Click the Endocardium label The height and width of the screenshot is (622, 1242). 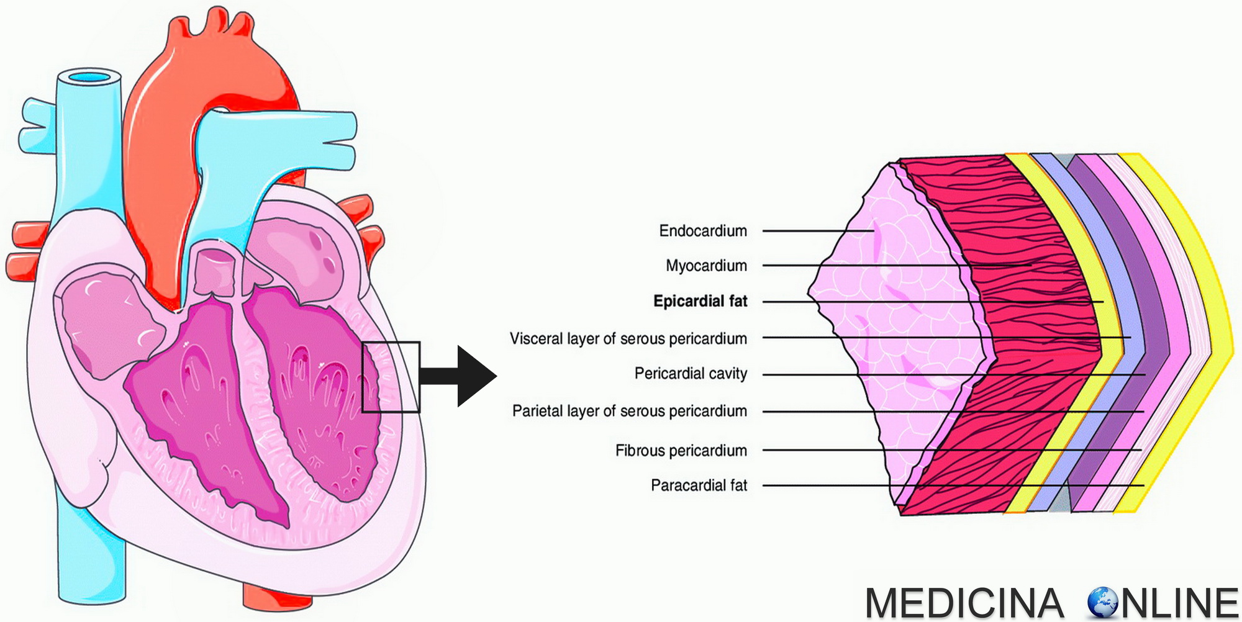coord(702,231)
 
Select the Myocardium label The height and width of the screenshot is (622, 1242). coord(706,266)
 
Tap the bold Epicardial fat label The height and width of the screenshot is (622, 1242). coord(700,301)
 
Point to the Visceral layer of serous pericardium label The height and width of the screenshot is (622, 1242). coord(628,338)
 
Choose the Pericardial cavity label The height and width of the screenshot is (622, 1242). coord(691,374)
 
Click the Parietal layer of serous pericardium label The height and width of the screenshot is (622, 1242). coord(629,411)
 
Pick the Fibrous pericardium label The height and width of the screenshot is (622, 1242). coord(681,451)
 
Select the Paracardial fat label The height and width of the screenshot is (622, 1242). coord(699,485)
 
